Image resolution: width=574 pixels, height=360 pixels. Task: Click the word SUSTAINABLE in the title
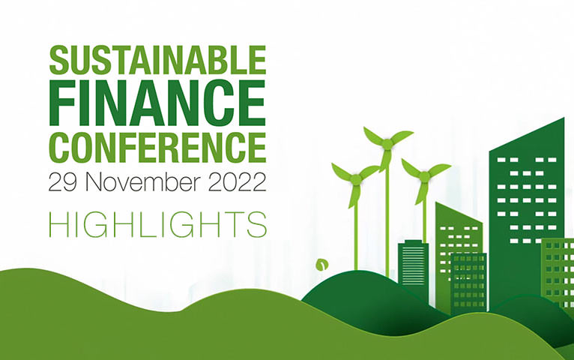(x=157, y=61)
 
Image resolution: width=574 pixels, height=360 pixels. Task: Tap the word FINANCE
(x=157, y=103)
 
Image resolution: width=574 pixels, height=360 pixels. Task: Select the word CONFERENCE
(x=157, y=148)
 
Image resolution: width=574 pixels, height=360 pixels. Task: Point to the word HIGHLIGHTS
(x=157, y=224)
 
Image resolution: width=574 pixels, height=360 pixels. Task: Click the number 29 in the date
(x=63, y=182)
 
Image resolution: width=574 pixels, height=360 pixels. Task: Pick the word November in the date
(x=143, y=182)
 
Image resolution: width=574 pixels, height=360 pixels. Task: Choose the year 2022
(x=238, y=182)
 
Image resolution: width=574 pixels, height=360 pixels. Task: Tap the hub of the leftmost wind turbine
(x=355, y=179)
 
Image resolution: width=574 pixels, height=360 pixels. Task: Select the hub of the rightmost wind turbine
(x=425, y=177)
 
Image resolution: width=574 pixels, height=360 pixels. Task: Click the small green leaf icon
(x=321, y=265)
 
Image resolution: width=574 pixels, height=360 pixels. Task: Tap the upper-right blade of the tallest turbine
(x=402, y=136)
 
